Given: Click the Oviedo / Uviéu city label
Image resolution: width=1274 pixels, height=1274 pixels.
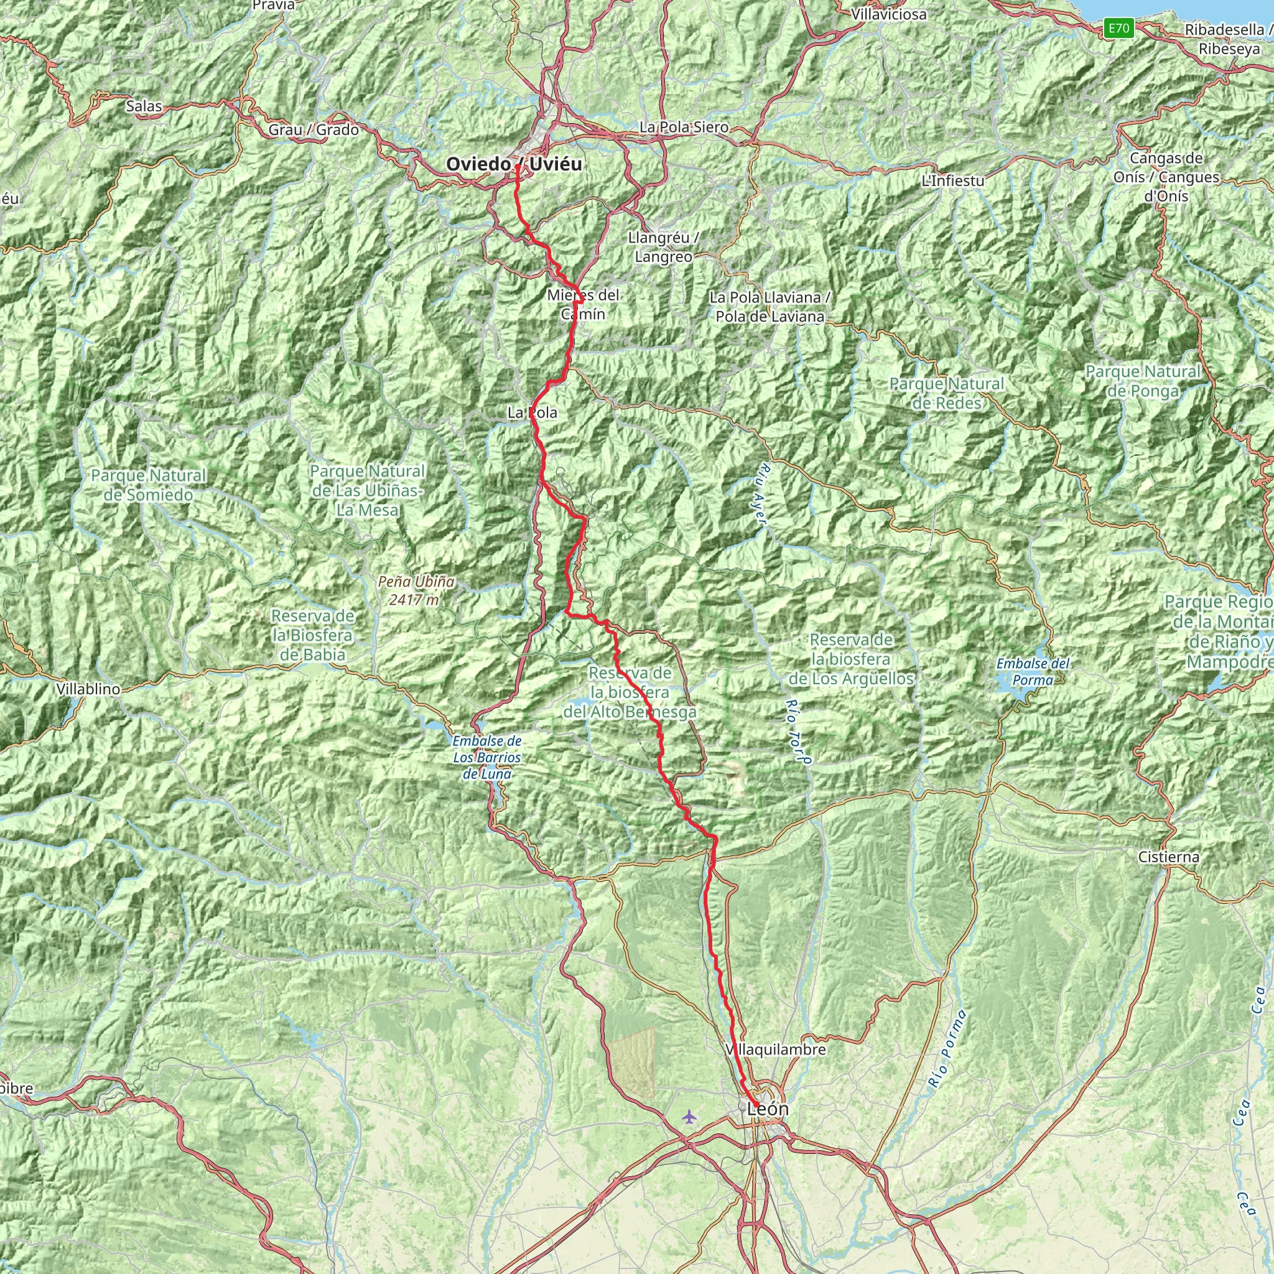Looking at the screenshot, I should point(514,164).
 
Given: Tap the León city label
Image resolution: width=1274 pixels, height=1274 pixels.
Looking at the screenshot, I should point(768,1109).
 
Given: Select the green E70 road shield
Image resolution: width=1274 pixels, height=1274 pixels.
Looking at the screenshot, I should point(1119,28).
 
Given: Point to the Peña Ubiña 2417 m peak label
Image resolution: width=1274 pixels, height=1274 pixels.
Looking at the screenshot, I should point(416,590).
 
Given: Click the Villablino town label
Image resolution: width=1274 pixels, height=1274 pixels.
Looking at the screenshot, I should point(88,689).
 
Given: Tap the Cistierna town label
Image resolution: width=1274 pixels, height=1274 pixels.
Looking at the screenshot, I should point(1168,857).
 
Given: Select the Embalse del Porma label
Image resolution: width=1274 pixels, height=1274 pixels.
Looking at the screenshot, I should point(1033,671).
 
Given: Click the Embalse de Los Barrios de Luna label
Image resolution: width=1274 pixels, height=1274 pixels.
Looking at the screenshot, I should point(486,758).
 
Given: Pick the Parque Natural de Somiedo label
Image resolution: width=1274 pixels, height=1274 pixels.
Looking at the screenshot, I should point(149,485).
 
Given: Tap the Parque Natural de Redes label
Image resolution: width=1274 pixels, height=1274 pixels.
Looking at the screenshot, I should point(946,393).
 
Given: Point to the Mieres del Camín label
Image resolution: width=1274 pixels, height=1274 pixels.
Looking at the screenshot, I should point(584,304).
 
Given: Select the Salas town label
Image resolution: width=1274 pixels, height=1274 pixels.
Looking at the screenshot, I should point(144,106).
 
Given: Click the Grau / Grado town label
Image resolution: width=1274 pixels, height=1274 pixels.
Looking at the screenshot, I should point(314,130).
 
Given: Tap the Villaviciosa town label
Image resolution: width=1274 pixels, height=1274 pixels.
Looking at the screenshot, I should point(888,14).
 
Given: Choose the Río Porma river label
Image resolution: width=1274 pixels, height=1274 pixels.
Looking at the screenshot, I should point(946,1048).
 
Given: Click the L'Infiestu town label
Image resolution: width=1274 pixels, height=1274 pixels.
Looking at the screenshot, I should point(953,180).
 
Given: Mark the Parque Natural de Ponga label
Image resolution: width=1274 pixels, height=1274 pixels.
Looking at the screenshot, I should point(1143,381).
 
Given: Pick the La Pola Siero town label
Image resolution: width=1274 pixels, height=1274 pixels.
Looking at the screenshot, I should point(684,127).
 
